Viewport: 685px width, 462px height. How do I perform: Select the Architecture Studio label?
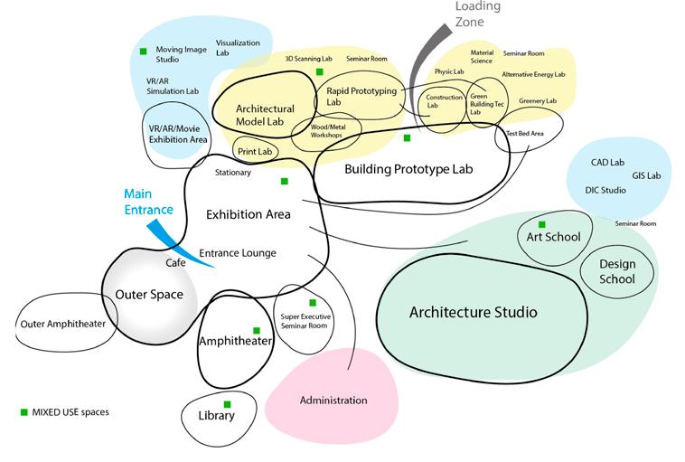pyautogui.click(x=473, y=312)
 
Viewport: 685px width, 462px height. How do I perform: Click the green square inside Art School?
pyautogui.click(x=542, y=224)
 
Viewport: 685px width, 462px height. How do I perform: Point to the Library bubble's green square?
pyautogui.click(x=227, y=404)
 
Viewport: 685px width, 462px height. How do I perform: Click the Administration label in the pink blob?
pyautogui.click(x=333, y=400)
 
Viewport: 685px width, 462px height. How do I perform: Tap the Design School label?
pyautogui.click(x=617, y=271)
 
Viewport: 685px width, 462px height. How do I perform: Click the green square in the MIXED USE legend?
pyautogui.click(x=24, y=411)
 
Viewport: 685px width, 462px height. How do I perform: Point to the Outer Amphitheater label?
pyautogui.click(x=61, y=324)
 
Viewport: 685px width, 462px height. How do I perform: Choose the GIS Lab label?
pyautogui.click(x=646, y=174)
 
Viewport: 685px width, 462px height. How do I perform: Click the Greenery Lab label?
pyautogui.click(x=538, y=100)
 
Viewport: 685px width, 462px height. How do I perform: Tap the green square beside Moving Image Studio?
pyautogui.click(x=143, y=50)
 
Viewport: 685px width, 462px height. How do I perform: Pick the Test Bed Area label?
pyautogui.click(x=524, y=134)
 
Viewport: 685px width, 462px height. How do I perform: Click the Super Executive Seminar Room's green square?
pyautogui.click(x=313, y=303)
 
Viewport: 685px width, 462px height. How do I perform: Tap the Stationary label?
pyautogui.click(x=233, y=172)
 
